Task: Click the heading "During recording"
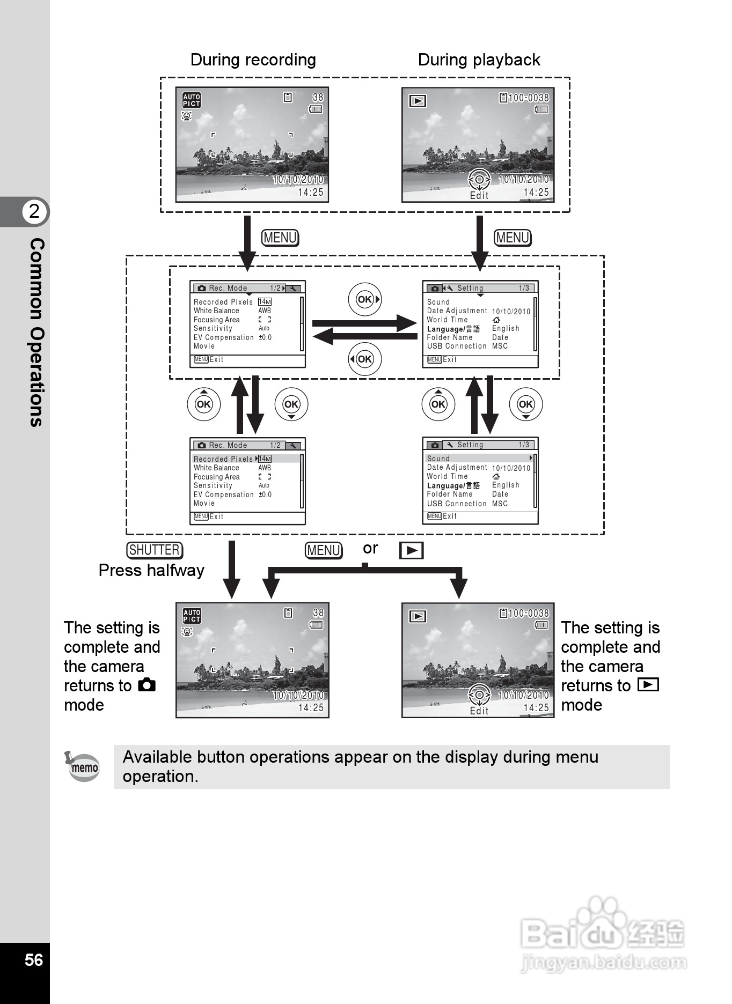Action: (x=253, y=60)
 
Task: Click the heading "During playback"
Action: (x=479, y=60)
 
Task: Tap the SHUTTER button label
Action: (x=155, y=550)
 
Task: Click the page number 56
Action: (x=33, y=959)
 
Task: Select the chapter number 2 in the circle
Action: (x=34, y=211)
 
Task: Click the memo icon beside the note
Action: (x=83, y=767)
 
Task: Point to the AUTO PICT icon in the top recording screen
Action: (x=192, y=100)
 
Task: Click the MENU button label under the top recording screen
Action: (x=280, y=238)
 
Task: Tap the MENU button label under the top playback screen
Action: (x=513, y=238)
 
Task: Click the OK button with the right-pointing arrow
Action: (x=365, y=299)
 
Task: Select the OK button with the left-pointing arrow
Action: (x=365, y=359)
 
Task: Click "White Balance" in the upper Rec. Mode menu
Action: (x=216, y=311)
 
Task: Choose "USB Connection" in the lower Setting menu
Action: (x=457, y=504)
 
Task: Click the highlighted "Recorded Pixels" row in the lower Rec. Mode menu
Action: (x=223, y=459)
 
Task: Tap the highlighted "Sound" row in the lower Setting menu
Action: (x=438, y=459)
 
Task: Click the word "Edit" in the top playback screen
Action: (x=479, y=196)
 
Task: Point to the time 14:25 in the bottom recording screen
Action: (x=311, y=707)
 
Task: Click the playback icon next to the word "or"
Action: (x=411, y=551)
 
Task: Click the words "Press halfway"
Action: (x=151, y=570)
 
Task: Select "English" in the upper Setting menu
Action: (x=506, y=328)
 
